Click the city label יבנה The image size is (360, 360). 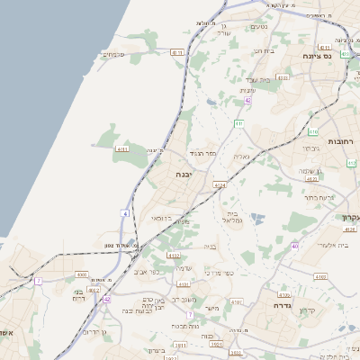coord(184,175)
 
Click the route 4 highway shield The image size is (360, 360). coord(125,213)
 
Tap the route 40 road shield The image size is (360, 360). coord(295,245)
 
